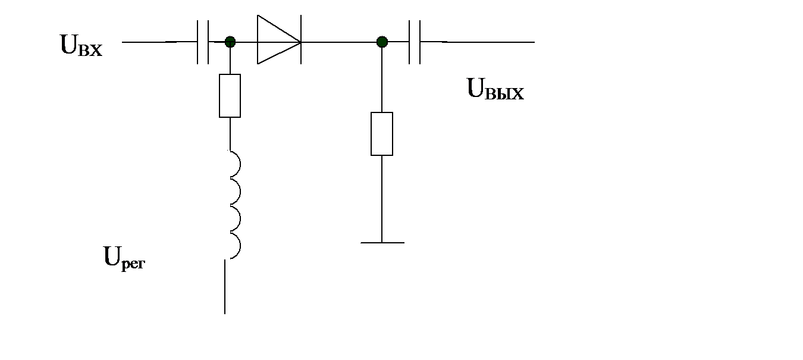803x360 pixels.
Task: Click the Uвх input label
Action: point(81,46)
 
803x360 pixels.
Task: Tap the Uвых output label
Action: point(495,90)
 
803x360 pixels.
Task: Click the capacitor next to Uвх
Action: point(203,42)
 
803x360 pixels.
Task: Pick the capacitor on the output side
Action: point(415,42)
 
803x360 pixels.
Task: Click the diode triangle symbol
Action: point(277,42)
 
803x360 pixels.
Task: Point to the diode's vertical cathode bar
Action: point(301,42)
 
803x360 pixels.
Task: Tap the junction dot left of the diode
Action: point(230,42)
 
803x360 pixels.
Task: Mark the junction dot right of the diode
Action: point(382,42)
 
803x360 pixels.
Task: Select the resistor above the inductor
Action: point(230,96)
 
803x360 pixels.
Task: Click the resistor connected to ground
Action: point(382,133)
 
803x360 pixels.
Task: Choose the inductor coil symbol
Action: point(233,205)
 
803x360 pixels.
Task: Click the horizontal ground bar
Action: point(382,243)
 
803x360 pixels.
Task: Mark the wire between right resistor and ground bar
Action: point(382,199)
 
